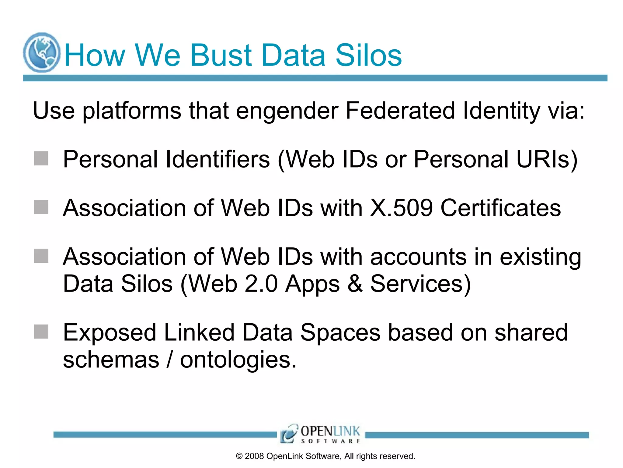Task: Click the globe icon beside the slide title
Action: (42, 52)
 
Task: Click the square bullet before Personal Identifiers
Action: (41, 158)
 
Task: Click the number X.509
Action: (401, 208)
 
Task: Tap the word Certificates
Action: (501, 208)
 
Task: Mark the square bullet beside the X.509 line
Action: (41, 207)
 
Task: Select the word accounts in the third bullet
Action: (418, 257)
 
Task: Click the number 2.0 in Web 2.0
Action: (261, 284)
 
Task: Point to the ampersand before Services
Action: (355, 284)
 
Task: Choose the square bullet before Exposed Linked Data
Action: (41, 331)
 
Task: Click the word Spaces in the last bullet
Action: (340, 332)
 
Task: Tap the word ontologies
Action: (238, 360)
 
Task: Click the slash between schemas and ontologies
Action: (170, 360)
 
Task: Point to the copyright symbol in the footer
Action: (239, 456)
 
